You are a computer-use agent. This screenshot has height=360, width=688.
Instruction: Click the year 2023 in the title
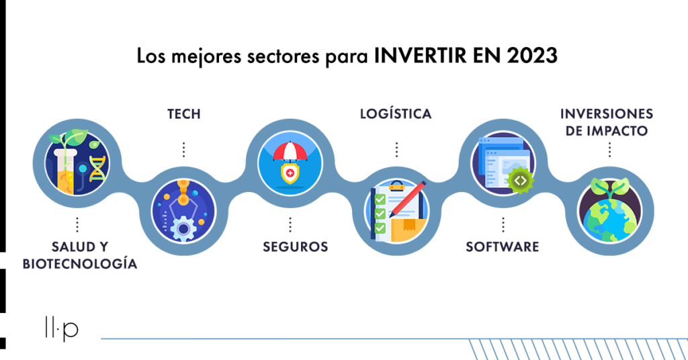tap(532, 56)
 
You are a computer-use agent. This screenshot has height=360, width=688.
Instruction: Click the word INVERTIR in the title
tap(420, 56)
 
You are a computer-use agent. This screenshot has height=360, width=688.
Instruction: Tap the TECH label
tap(184, 114)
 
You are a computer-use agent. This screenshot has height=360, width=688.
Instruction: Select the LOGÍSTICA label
tap(396, 114)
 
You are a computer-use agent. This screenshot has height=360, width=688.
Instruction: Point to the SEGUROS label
tap(296, 247)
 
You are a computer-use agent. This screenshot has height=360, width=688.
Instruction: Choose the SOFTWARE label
tap(503, 247)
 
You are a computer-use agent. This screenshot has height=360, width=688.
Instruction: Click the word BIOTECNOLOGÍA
tap(80, 263)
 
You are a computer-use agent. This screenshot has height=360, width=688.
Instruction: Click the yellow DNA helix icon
tap(97, 169)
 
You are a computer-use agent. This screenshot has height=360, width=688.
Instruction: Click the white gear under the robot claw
tap(183, 229)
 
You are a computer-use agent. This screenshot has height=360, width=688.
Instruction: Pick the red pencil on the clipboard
tap(407, 199)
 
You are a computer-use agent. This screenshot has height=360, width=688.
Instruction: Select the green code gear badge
tap(521, 181)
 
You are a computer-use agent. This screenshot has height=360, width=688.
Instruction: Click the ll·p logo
tap(61, 328)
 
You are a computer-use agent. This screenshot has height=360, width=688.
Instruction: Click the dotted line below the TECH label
tap(184, 150)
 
